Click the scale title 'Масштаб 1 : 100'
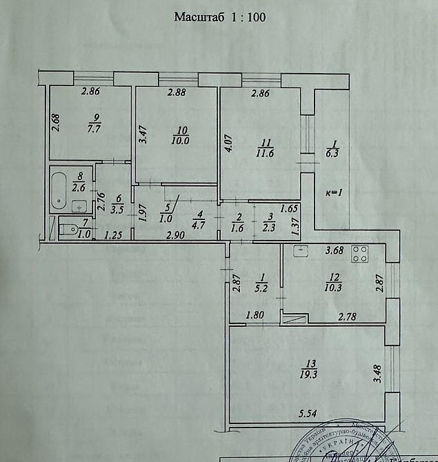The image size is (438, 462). pyautogui.click(x=219, y=17)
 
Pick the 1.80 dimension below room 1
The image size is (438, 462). pyautogui.click(x=256, y=317)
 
